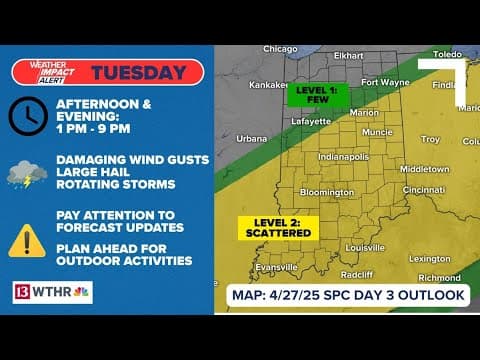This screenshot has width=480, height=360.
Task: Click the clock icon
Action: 27,117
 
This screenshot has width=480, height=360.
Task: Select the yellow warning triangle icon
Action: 26,239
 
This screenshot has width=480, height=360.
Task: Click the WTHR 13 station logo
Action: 51,292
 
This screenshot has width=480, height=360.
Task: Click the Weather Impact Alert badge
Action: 48,72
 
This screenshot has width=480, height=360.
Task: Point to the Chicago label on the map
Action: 281,49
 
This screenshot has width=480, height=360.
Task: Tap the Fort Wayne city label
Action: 384,82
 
